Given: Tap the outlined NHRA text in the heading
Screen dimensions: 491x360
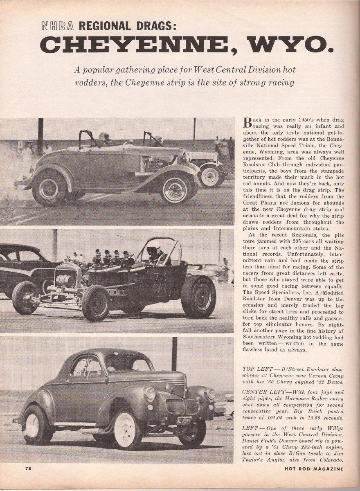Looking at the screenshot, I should click(58, 27).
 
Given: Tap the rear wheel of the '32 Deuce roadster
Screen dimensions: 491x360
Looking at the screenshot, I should click(49, 188).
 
